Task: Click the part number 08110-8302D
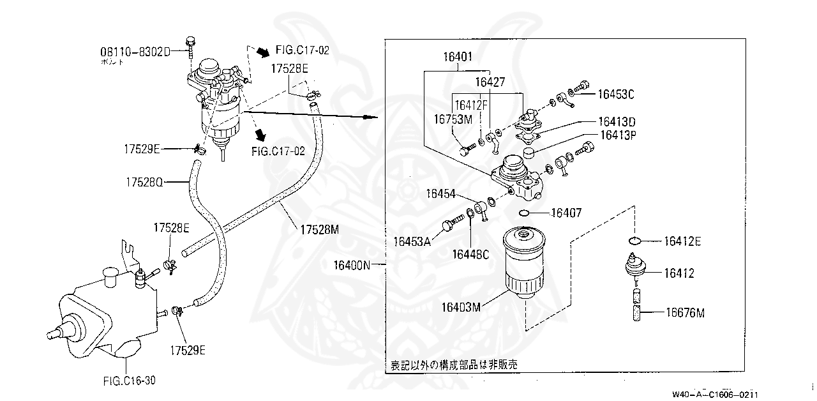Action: tap(134, 50)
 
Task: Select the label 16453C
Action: tap(616, 94)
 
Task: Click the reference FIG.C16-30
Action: tap(129, 381)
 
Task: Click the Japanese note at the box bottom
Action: tap(453, 365)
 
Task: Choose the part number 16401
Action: tap(458, 57)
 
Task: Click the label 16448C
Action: tap(470, 255)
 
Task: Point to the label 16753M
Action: tap(453, 119)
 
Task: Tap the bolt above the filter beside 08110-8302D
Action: tap(190, 45)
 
